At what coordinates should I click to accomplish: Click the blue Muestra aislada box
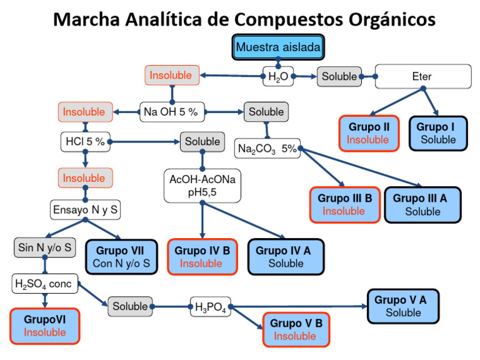(279, 47)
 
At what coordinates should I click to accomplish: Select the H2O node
(277, 77)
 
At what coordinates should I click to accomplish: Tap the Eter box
(422, 77)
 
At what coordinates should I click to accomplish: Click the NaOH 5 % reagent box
(171, 112)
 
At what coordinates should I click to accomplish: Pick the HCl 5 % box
(85, 141)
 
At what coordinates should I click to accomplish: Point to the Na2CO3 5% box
(266, 149)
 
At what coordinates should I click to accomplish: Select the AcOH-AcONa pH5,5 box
(202, 186)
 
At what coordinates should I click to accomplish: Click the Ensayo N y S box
(85, 210)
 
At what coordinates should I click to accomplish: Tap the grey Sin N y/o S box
(45, 247)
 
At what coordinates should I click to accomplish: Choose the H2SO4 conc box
(43, 284)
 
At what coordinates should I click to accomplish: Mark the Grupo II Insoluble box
(368, 133)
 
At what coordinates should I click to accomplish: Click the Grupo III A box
(422, 204)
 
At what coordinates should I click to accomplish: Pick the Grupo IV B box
(202, 256)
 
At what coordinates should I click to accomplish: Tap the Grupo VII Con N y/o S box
(121, 257)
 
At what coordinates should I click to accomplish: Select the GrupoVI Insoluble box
(45, 326)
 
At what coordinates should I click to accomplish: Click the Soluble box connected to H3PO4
(130, 307)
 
